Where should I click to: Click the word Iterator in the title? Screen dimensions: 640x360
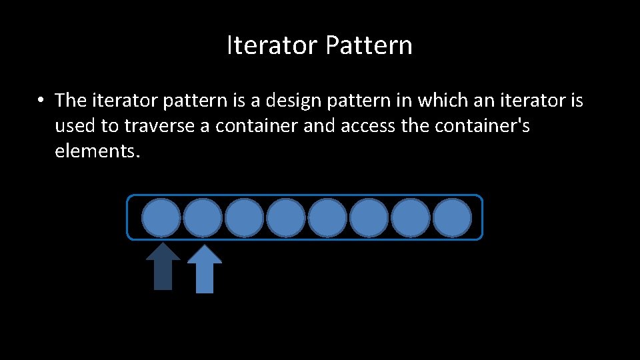[x=273, y=45]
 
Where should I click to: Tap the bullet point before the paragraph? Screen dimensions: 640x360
[x=41, y=101]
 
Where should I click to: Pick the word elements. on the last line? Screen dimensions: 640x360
[x=98, y=151]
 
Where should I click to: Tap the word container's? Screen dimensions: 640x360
[x=483, y=126]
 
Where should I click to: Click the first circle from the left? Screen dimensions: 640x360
[x=161, y=217]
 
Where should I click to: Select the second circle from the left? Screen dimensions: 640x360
[x=203, y=217]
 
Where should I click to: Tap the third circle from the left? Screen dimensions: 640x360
[x=244, y=217]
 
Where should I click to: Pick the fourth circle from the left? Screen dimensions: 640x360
[x=286, y=217]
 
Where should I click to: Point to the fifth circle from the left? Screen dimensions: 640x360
[x=327, y=217]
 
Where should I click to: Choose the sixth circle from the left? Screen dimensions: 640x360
[x=369, y=217]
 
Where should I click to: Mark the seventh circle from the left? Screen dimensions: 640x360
[x=411, y=217]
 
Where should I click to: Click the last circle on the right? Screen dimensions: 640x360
[x=452, y=217]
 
